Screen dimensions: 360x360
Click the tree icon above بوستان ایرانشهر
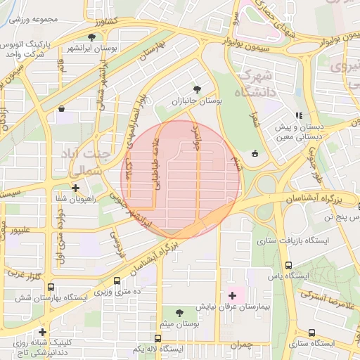click(91, 37)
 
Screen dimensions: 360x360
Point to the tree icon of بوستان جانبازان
click(197, 89)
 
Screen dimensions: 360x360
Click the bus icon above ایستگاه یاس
click(290, 264)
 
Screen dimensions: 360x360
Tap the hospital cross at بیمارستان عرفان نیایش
click(232, 296)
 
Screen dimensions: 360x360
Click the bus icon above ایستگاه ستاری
click(311, 332)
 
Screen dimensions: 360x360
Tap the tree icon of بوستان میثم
click(179, 312)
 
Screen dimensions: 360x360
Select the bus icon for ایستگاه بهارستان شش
click(51, 287)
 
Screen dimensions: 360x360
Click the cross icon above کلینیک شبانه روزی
click(43, 332)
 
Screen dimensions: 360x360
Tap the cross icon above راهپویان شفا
click(75, 188)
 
